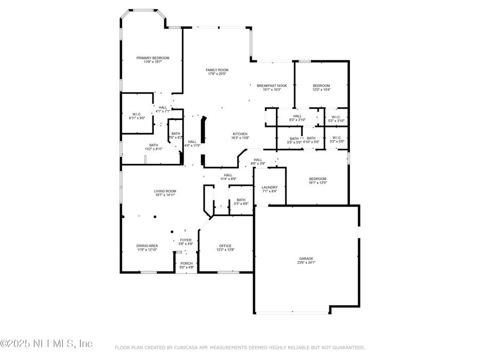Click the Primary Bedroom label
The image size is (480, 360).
click(x=153, y=58)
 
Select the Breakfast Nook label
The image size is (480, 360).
click(x=271, y=86)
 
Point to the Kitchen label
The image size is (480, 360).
click(x=239, y=134)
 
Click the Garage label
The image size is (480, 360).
click(x=306, y=259)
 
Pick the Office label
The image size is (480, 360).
click(x=226, y=246)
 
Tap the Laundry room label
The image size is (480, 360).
click(x=269, y=187)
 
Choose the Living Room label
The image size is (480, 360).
click(x=165, y=191)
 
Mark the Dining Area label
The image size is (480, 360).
click(x=147, y=246)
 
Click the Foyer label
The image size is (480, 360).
click(x=186, y=240)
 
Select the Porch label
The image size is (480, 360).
click(x=186, y=263)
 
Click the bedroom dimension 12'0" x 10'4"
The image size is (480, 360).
click(x=321, y=90)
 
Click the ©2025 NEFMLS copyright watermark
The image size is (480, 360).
click(x=47, y=343)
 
